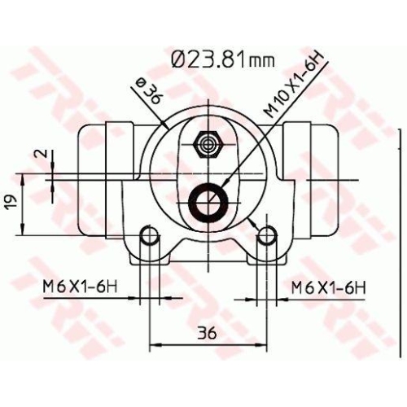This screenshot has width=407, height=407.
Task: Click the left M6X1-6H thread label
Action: point(80,287)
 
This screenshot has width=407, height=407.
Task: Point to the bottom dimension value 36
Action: point(206,332)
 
